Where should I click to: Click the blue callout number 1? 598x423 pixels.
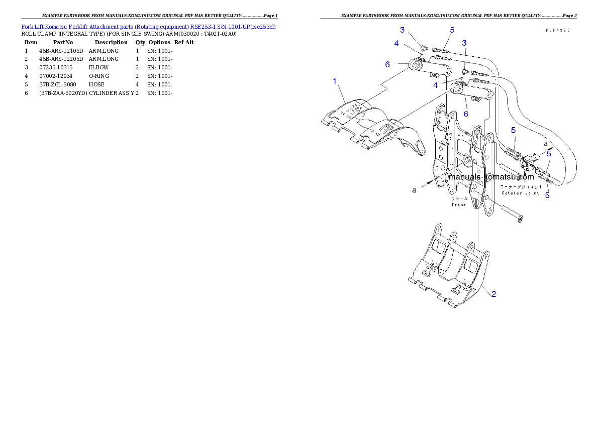(335, 81)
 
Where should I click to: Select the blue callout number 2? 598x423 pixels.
(494, 294)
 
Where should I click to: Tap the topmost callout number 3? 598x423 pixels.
(403, 31)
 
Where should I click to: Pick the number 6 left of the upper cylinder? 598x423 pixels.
(387, 64)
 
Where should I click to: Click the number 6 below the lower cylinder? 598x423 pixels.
(466, 114)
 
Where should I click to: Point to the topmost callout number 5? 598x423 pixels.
(452, 30)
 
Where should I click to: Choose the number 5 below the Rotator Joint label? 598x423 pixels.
(547, 195)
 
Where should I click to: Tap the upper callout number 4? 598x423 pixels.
(396, 44)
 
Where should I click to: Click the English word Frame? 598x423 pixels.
(459, 204)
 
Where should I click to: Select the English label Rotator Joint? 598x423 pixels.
(521, 192)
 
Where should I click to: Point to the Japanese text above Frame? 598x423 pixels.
(459, 198)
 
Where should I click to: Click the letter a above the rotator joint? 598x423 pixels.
(546, 143)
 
